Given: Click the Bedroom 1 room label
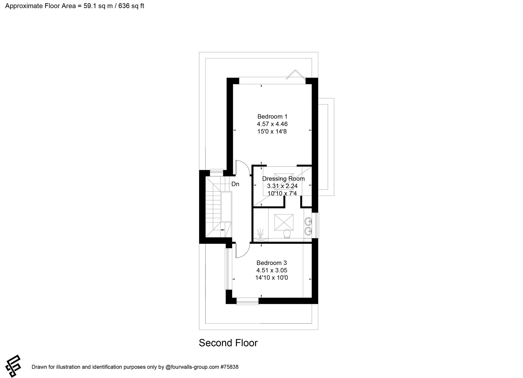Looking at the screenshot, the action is [x=272, y=117].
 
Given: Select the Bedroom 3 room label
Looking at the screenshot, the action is [x=272, y=263].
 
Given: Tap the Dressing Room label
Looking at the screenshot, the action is [x=283, y=179].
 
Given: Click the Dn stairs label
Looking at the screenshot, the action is [x=235, y=184].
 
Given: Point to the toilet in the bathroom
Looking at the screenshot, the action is [x=287, y=233].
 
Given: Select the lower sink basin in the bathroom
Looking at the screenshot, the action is [x=308, y=231].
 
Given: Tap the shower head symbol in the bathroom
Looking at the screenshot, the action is [x=260, y=233].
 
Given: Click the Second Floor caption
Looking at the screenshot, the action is [x=228, y=343].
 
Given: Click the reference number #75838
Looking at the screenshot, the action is [x=229, y=367].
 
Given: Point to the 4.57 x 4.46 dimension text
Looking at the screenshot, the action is [x=272, y=124].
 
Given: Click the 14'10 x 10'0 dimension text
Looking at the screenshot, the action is [x=271, y=278].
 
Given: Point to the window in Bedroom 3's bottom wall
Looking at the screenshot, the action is [x=247, y=301].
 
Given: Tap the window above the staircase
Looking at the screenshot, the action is [x=217, y=173].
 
